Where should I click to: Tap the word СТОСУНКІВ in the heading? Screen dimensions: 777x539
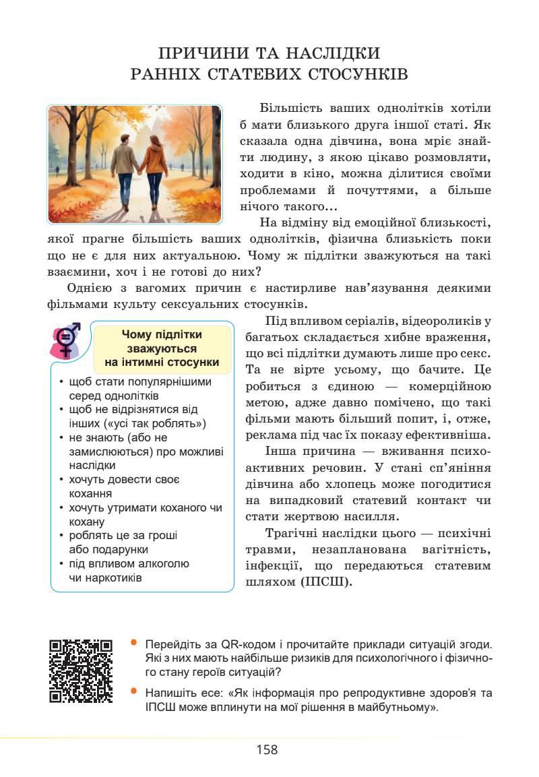pos(354,73)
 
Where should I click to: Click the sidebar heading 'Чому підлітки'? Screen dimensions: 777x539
pos(161,335)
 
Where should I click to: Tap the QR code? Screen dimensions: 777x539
pos(81,671)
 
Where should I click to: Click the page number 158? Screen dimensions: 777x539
pos(267,749)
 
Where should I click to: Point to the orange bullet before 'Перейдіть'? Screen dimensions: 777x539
pos(134,642)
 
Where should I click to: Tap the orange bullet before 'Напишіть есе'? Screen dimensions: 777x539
pos(134,691)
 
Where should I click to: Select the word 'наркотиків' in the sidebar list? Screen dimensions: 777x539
pos(106,578)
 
